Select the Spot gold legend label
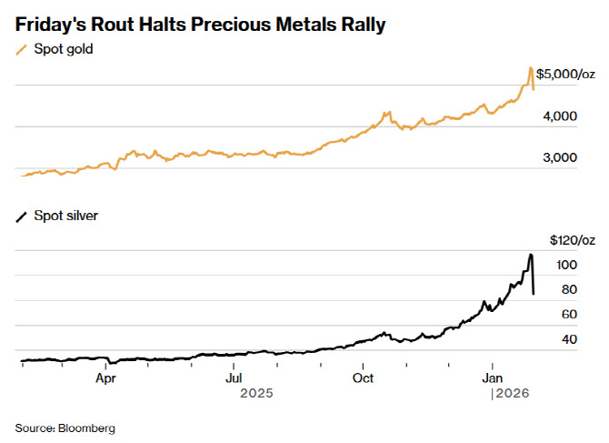(x=64, y=49)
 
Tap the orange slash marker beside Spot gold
(x=22, y=50)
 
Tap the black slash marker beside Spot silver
(x=22, y=217)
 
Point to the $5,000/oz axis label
(x=565, y=74)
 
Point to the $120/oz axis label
(x=573, y=240)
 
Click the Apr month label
(x=105, y=377)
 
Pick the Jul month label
(x=235, y=377)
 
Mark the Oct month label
(x=363, y=377)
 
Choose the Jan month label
(x=493, y=377)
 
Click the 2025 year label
(x=255, y=394)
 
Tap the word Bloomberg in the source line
(x=89, y=427)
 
